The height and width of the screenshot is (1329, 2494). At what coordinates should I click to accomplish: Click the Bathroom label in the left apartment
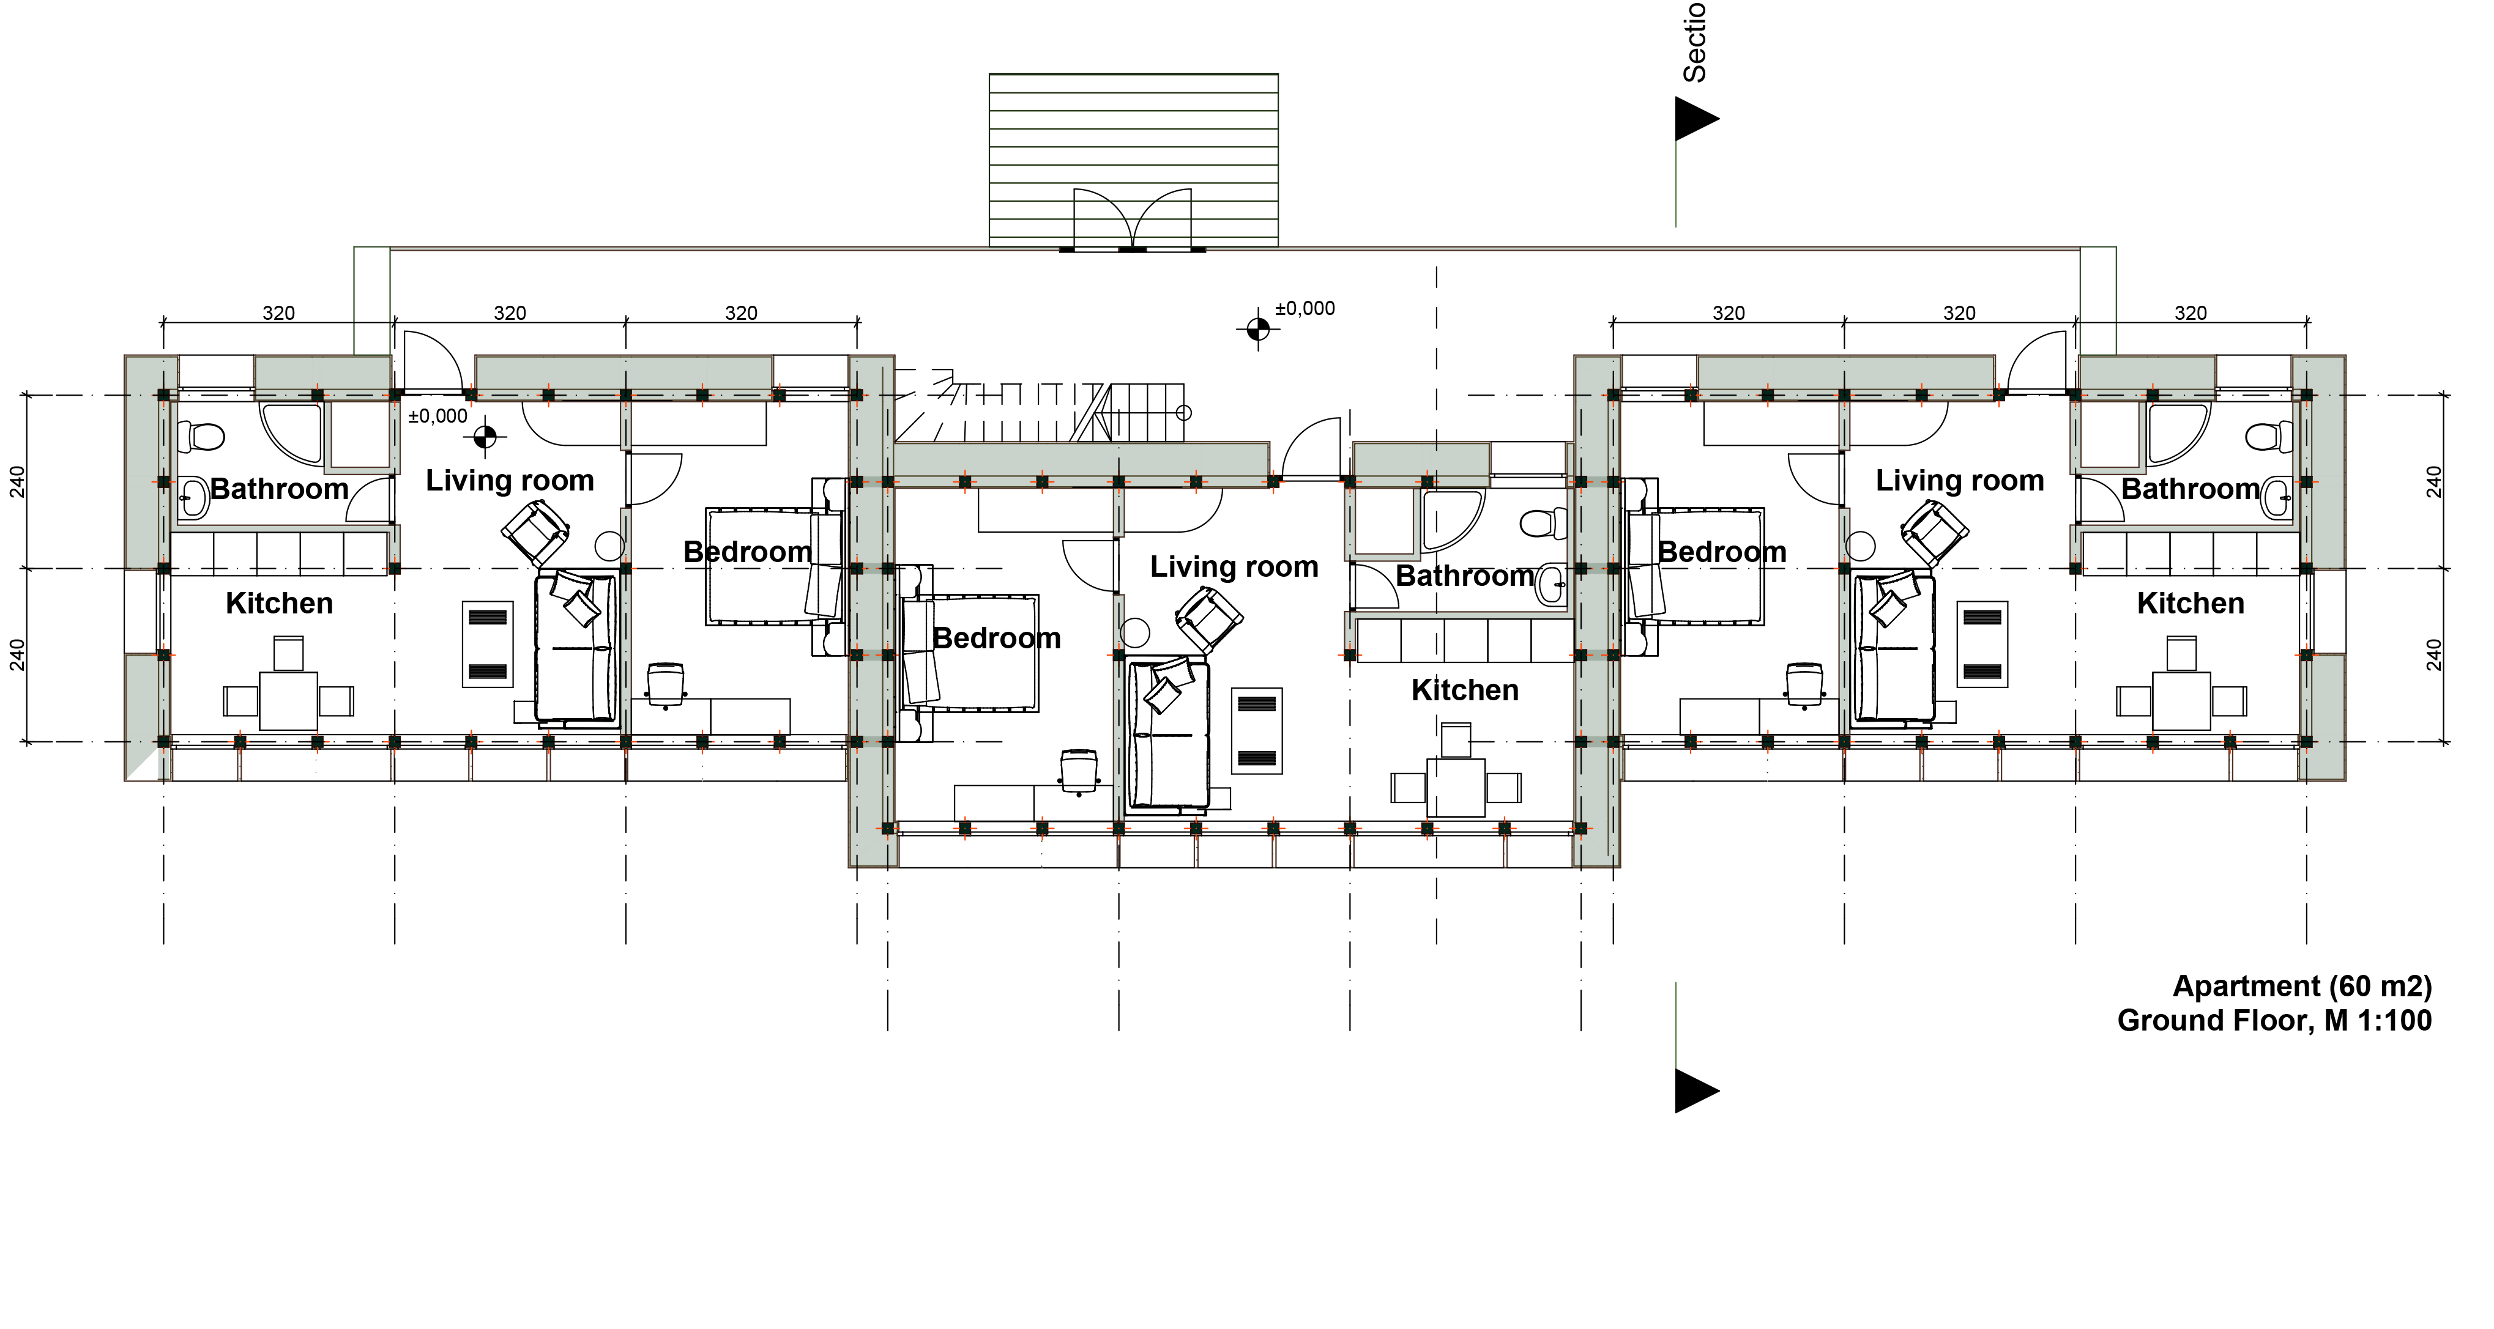coord(279,489)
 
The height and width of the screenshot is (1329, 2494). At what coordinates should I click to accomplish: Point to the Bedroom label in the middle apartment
coord(996,638)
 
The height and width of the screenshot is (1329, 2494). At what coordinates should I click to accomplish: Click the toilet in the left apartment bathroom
coord(204,437)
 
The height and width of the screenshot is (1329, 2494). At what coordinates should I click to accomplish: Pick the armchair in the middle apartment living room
coord(1208,618)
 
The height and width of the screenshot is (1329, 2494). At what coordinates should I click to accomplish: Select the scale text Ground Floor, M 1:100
coord(2274,1020)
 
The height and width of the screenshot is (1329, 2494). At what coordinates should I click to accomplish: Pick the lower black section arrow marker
coord(1696,1091)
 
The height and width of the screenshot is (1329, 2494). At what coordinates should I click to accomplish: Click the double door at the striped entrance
coord(1132,219)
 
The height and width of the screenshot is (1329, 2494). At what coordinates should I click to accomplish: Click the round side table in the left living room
coord(609,547)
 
